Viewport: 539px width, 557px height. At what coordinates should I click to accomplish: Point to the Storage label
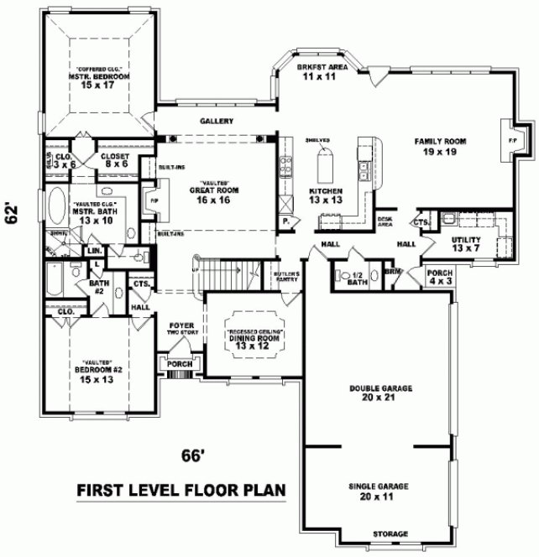[391, 534]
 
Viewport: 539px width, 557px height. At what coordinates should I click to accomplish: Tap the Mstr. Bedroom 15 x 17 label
[99, 78]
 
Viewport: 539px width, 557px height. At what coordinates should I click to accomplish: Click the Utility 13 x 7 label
[443, 244]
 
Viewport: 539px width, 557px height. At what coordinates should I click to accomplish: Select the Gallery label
[216, 122]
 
